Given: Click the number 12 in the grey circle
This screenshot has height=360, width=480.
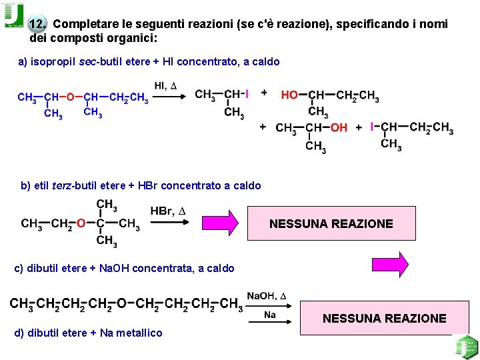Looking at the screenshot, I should click(38, 25).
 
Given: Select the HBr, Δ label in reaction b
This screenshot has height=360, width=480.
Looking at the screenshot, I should click(167, 212).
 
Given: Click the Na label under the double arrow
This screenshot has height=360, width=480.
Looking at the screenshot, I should click(270, 315).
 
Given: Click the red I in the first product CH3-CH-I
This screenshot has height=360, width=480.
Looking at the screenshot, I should click(247, 95).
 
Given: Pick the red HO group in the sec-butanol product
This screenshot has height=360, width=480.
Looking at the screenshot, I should click(289, 96).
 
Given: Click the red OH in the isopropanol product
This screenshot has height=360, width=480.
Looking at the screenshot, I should click(339, 127).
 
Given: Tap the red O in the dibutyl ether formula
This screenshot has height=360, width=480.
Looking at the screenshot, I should click(121, 305).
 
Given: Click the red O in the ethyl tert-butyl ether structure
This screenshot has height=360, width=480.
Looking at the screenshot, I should click(81, 223).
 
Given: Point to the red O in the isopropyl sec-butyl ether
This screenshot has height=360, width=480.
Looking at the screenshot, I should click(70, 98).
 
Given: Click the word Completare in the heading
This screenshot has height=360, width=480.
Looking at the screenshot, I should click(80, 25).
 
